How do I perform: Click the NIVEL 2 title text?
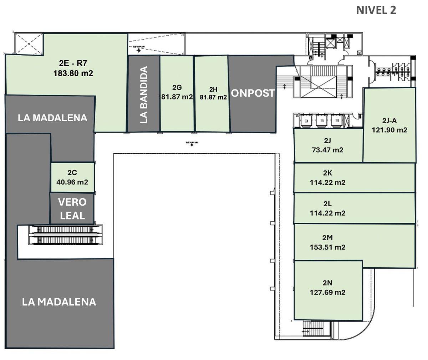coord(376,10)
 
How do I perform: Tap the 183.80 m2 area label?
coord(73,73)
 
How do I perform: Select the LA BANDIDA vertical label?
coord(144,94)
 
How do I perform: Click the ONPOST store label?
coord(253,93)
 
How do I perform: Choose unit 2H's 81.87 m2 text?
coord(213,97)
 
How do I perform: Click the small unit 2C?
coord(72,177)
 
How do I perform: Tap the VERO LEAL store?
coord(72,209)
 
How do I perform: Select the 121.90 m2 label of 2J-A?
coord(389,130)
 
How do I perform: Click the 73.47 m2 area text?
coord(327,150)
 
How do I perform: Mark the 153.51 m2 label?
coord(327,247)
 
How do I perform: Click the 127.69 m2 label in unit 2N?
coord(327,292)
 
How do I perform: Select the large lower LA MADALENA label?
coord(59,302)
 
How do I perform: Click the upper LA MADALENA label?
coord(52,118)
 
